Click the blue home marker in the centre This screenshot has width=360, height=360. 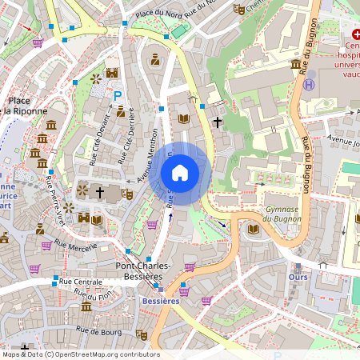tap(180, 172)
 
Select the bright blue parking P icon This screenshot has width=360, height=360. tap(118, 95)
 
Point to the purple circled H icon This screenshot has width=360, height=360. tap(310, 83)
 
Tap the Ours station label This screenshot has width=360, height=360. tap(298, 278)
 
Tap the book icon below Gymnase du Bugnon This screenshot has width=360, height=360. tap(254, 229)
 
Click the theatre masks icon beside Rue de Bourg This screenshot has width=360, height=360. tap(142, 334)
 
